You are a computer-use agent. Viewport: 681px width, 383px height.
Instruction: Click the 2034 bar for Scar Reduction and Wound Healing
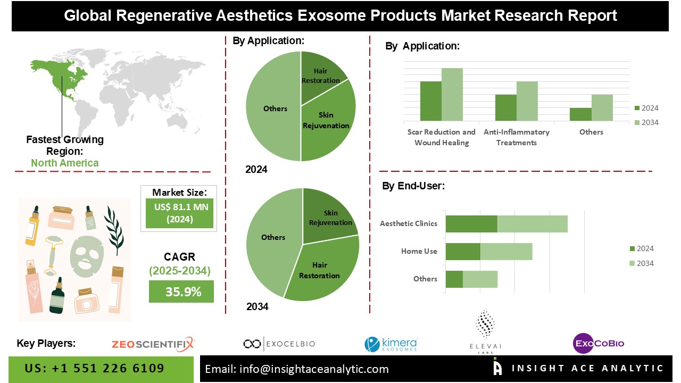point(452,94)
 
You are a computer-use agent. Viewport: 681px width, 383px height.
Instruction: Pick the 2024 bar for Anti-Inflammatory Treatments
point(505,107)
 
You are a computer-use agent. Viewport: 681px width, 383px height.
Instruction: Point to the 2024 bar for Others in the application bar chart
point(580,114)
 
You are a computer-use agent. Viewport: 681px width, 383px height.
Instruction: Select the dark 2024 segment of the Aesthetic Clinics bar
point(471,223)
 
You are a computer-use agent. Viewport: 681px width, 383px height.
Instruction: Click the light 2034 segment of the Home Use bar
point(506,251)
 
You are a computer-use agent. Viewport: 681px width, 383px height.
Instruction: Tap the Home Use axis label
point(419,251)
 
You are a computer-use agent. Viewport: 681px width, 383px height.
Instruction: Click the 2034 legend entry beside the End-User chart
point(641,263)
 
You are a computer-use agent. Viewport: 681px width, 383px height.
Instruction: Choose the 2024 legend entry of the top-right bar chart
point(646,108)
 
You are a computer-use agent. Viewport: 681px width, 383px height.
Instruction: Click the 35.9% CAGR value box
point(181,292)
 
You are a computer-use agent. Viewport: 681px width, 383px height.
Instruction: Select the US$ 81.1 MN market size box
point(179,213)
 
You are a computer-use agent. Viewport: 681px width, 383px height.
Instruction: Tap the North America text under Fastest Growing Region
point(65,163)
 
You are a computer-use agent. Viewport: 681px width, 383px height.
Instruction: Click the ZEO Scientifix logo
point(153,344)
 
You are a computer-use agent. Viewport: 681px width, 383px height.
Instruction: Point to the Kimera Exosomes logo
point(391,344)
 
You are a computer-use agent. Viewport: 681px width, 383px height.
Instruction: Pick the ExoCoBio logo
point(599,343)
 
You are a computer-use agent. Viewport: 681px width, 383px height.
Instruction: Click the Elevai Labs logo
point(485,330)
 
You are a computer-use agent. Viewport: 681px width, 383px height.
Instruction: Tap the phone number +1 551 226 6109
point(95,369)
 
